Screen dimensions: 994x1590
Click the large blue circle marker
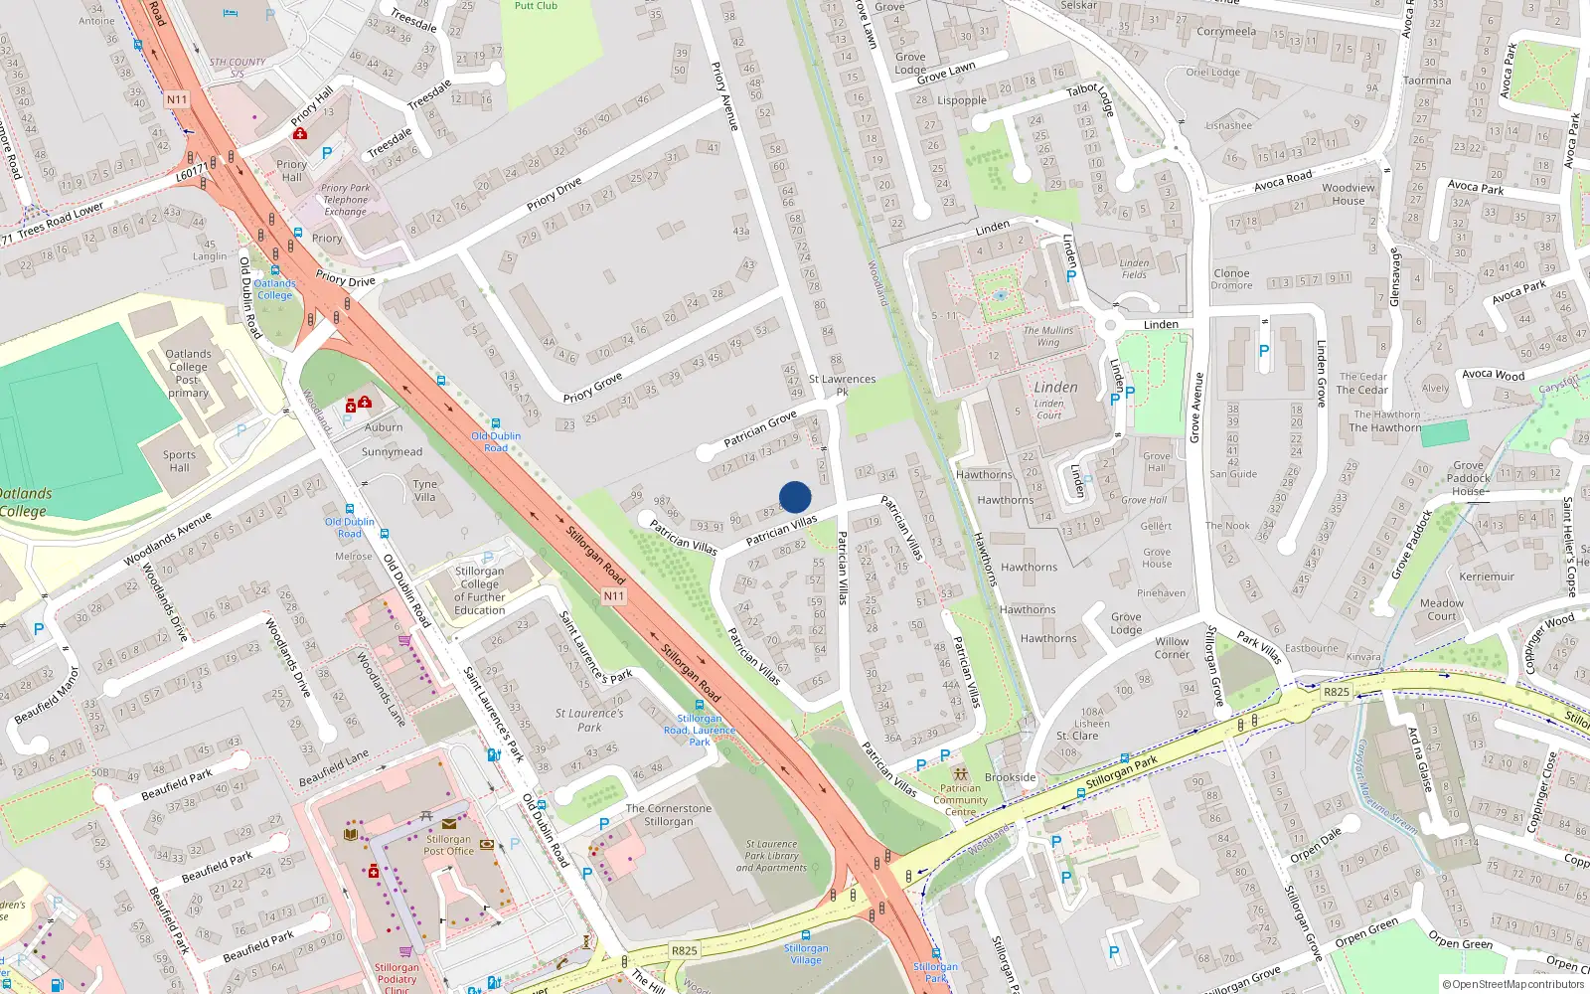(795, 497)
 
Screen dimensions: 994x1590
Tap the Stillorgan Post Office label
(448, 845)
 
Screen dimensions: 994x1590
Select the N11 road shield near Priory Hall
(177, 99)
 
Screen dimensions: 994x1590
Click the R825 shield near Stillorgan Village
(684, 950)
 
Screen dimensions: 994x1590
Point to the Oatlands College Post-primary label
(188, 373)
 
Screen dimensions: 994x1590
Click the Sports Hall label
(179, 461)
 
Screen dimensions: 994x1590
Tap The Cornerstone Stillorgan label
(668, 815)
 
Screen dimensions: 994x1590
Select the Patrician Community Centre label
(960, 800)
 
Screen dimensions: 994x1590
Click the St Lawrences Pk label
(842, 385)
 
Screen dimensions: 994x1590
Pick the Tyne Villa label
(424, 490)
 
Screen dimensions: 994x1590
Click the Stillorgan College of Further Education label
(479, 590)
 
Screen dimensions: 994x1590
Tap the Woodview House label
(1349, 194)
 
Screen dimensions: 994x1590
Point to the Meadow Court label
(1441, 609)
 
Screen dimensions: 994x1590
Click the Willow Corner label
(1172, 648)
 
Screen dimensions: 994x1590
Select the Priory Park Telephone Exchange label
(345, 200)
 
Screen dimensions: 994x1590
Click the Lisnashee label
(1228, 126)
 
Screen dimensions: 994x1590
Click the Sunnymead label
(392, 452)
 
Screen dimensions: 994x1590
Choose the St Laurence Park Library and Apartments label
(771, 856)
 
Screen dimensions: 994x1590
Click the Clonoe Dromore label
(1231, 279)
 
